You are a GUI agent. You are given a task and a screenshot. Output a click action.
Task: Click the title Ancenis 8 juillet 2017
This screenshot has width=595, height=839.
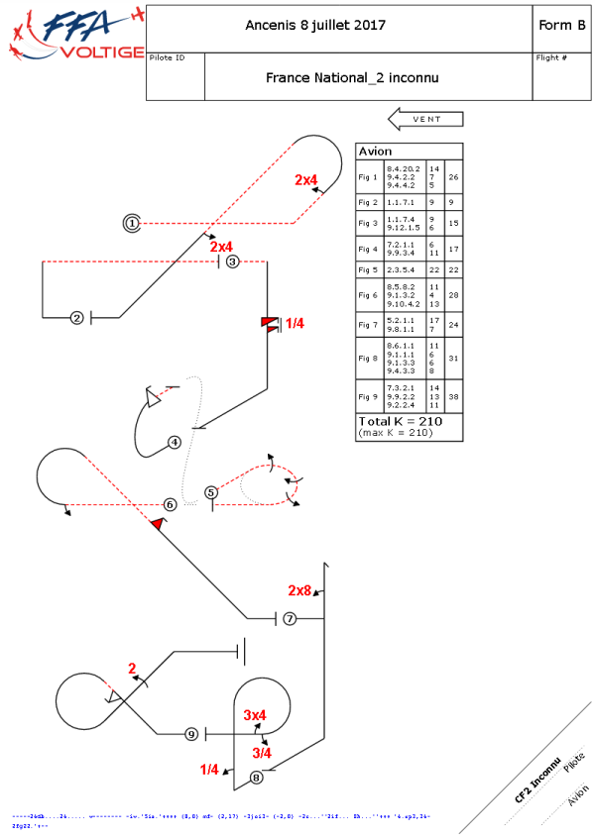(315, 25)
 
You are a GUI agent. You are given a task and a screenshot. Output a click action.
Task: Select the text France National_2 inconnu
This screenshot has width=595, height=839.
(352, 77)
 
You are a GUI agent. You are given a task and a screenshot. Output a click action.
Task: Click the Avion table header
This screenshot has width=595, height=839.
(375, 152)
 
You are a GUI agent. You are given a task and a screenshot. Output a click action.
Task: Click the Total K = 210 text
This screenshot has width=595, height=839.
(399, 421)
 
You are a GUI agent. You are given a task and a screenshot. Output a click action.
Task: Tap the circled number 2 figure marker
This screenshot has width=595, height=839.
(76, 318)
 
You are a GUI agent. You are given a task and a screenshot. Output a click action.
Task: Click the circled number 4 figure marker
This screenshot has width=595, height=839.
(175, 442)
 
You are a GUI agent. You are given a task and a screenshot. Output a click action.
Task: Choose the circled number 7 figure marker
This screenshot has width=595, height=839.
(290, 618)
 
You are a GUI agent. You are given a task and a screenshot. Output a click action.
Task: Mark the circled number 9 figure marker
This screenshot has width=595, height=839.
(191, 734)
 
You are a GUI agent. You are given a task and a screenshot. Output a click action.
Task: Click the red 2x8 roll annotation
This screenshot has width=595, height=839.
(299, 590)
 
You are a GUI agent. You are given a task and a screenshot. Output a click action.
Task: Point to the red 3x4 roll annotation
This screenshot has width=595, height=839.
(255, 714)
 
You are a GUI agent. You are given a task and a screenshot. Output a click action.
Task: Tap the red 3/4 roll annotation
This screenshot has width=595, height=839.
(262, 753)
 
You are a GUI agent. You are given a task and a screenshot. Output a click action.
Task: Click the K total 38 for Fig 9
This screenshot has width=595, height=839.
(452, 398)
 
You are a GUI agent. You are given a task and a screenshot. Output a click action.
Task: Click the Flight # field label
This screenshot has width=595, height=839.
(551, 58)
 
